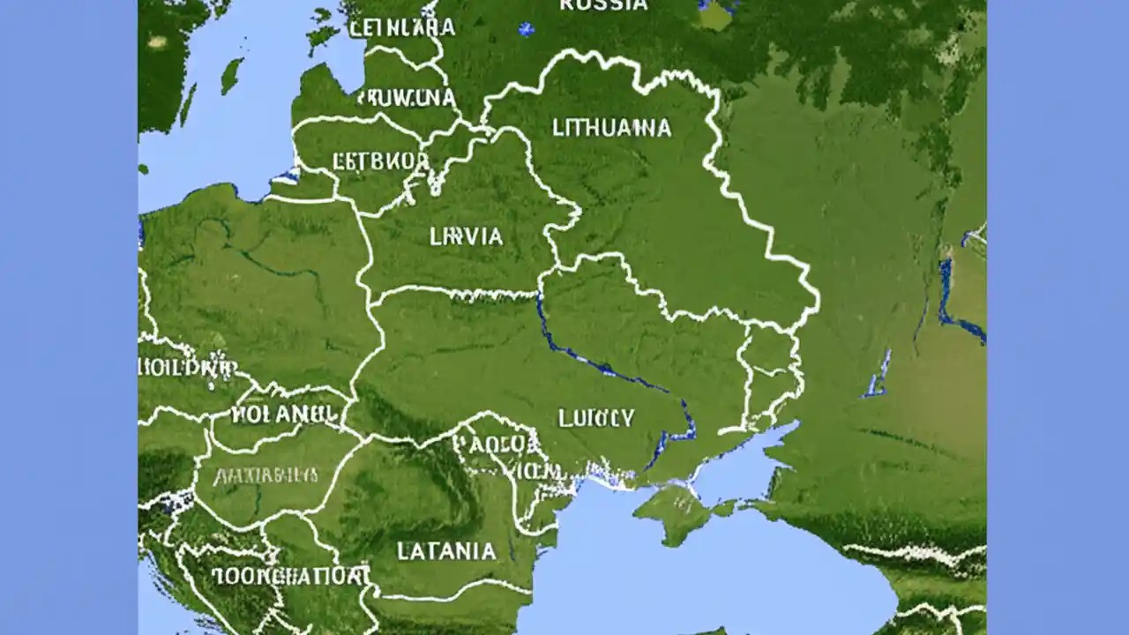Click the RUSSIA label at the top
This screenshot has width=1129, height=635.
coord(603,5)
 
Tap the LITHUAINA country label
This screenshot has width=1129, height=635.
coord(611,128)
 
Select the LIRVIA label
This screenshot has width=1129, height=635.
coord(466,236)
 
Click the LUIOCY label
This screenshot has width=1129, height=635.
coord(595,417)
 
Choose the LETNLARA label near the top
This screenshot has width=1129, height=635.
coord(402,27)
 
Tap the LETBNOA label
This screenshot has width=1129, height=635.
coord(381,161)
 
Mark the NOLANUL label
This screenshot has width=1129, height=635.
coord(282,412)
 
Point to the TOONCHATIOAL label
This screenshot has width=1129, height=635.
coord(290,576)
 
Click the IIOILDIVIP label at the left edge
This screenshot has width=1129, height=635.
coord(187,366)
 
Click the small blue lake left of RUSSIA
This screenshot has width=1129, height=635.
coord(527,29)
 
